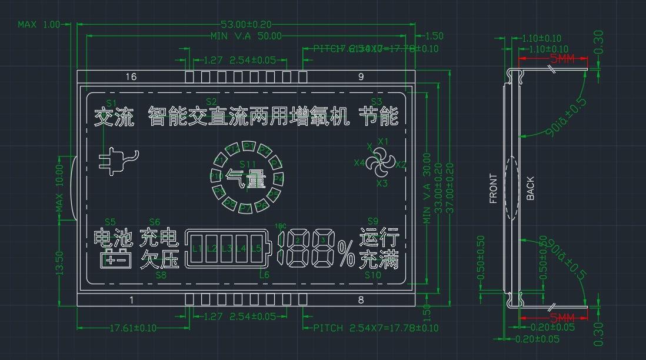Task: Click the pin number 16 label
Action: pos(131,76)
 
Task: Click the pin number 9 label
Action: pos(361,76)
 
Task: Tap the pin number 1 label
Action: pos(131,300)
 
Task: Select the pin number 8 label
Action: pos(361,300)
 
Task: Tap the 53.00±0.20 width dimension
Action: pos(246,25)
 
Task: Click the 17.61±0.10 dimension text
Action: pos(134,328)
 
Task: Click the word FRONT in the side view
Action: pos(493,189)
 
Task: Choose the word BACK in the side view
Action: pos(530,189)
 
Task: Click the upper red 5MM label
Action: pos(562,59)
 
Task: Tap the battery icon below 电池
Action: pos(116,259)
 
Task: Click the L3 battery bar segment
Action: pos(227,249)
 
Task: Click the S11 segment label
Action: pos(248,164)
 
